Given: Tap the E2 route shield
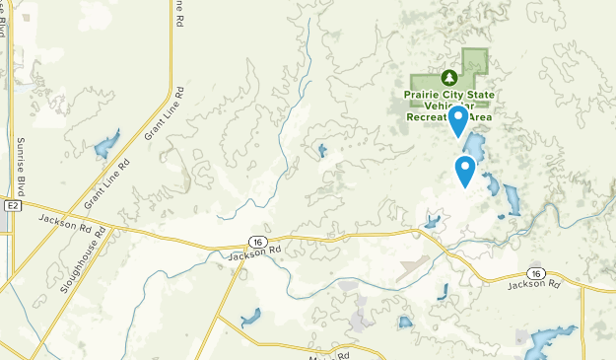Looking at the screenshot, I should coord(12,206).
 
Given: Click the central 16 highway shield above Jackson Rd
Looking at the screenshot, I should coord(255,242).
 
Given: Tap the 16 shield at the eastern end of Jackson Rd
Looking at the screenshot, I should coord(535,272).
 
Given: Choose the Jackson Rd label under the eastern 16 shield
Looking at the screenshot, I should coord(533,285).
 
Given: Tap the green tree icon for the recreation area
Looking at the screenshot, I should coord(448,77).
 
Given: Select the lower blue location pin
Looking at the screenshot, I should coord(465,171).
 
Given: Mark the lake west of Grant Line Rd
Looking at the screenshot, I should coord(103,147).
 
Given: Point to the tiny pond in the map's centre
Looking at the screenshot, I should coord(322,151).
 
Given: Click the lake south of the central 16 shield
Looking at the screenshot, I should coord(250,318).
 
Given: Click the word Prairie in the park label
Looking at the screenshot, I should coord(422,95).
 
